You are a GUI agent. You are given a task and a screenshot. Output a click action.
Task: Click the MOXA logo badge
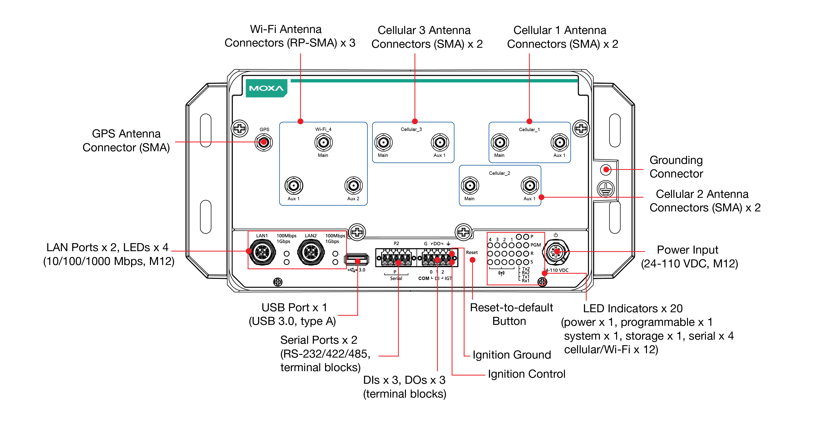[x=266, y=88]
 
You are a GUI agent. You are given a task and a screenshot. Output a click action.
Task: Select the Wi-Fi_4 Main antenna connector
[x=323, y=143]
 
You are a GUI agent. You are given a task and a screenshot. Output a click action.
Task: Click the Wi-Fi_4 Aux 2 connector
[x=353, y=186]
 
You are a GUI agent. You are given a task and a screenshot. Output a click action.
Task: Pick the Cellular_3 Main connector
[x=383, y=143]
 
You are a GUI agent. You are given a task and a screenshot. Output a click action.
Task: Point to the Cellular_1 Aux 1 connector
[x=560, y=143]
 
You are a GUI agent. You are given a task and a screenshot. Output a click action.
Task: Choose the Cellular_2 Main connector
[x=470, y=186]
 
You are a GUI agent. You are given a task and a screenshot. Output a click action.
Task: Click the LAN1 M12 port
[x=262, y=252]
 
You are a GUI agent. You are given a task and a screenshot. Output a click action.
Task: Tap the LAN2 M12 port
[x=311, y=252]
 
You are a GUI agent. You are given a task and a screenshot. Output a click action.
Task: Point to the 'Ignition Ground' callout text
[x=511, y=355]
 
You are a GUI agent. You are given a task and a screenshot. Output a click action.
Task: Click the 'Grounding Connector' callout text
[x=676, y=167]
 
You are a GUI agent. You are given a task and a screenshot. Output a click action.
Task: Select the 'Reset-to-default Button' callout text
[x=511, y=314]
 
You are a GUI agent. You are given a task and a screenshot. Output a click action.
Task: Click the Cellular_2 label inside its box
[x=499, y=173]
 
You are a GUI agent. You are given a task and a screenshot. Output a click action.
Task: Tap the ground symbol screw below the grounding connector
[x=606, y=189]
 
